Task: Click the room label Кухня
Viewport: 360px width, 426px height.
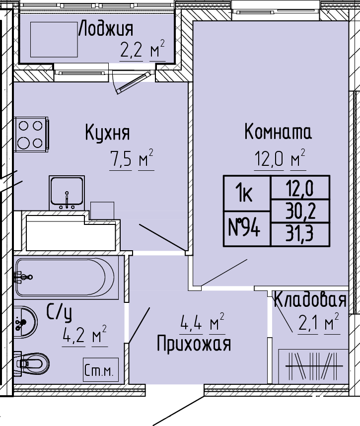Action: pos(108,133)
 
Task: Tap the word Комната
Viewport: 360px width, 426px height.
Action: pos(278,132)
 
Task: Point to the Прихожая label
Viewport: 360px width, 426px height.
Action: pos(194,344)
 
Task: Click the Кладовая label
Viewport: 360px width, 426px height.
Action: pos(310,300)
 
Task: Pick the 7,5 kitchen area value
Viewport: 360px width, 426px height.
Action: pos(121,159)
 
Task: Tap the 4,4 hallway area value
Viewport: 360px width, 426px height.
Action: pos(191,323)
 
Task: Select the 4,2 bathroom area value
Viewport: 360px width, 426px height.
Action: pos(73,336)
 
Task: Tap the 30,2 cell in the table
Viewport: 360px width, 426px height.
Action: pos(300,211)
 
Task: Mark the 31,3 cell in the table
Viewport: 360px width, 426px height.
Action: pos(300,234)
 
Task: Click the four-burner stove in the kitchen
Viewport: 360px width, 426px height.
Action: pos(31,135)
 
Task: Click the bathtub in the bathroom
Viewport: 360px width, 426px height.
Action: pos(65,277)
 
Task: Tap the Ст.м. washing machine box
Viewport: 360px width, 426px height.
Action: pos(101,369)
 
